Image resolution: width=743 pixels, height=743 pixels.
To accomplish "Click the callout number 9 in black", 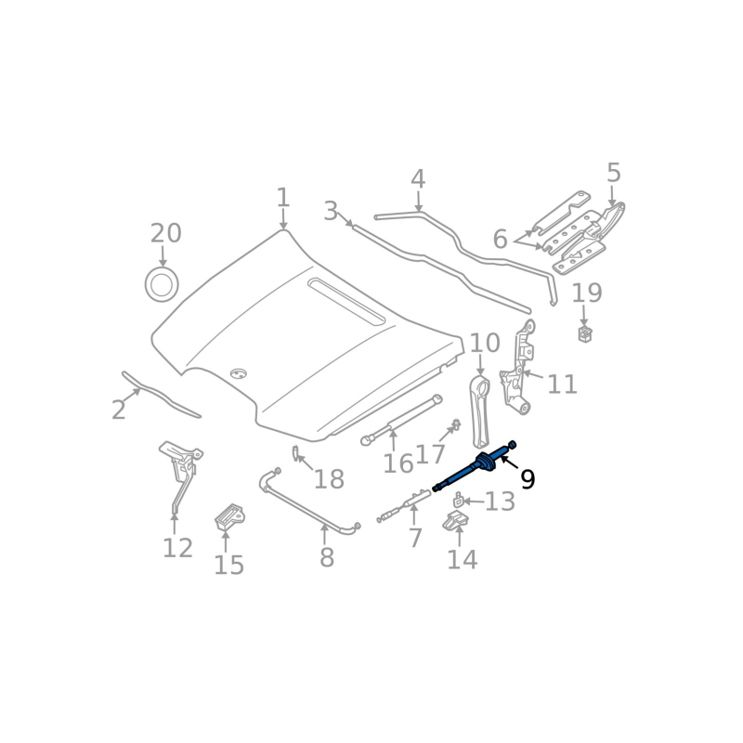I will pos(528,479).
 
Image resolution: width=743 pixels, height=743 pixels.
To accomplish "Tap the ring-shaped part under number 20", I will pos(163,284).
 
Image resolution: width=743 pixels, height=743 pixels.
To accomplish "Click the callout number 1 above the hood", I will pos(282,198).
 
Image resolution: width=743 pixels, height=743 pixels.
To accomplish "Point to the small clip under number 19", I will pos(585,333).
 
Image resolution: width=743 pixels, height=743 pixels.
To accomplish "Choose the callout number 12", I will pos(177,548).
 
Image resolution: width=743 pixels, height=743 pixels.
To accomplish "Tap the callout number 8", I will pos(326,558).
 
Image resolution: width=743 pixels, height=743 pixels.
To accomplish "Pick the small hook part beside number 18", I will pos(295,453).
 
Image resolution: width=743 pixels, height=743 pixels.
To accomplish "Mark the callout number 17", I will pos(430,454).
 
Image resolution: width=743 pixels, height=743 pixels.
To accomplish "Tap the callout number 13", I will pos(500,502).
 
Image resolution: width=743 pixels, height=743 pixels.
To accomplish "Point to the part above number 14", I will pos(453,525).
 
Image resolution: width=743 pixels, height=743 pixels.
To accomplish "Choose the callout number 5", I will pos(613,173).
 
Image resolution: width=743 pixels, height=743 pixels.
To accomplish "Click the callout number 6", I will pos(500,240).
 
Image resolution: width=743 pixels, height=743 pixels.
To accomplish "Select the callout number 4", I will pos(418,179).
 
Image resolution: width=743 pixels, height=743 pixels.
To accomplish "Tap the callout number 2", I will pos(118,410).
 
